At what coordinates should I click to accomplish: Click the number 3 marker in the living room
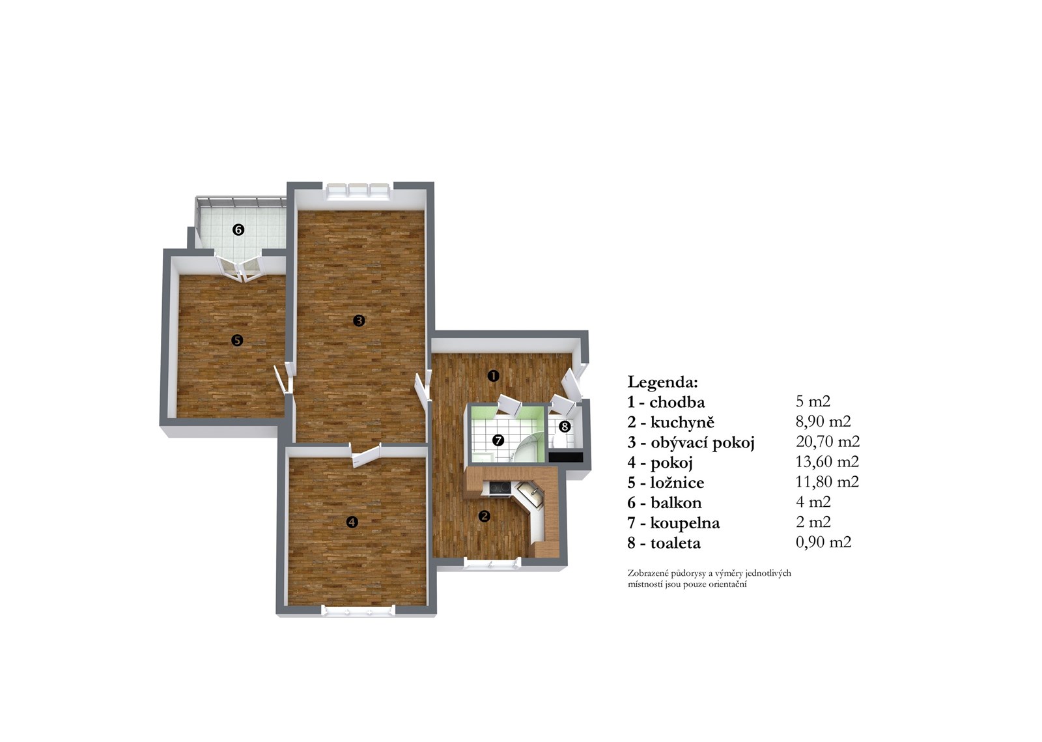(359, 321)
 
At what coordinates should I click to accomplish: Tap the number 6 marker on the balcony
(238, 230)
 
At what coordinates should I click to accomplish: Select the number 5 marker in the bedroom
(237, 341)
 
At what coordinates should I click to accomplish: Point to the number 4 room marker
(352, 522)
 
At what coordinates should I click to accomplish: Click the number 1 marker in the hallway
(493, 376)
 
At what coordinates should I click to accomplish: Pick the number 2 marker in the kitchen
(485, 516)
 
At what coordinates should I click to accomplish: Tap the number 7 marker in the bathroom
(498, 440)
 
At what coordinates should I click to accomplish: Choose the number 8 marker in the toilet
(565, 427)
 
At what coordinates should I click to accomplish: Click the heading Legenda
(663, 382)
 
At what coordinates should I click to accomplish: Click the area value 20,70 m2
(828, 441)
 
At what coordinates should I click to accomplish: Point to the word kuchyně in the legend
(682, 422)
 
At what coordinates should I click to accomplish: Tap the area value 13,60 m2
(827, 461)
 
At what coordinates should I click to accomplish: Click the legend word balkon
(676, 503)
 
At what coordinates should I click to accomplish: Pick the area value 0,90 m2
(823, 542)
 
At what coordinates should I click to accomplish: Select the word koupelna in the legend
(684, 523)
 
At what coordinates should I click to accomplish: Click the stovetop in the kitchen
(500, 488)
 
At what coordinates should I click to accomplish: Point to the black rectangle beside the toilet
(566, 457)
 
